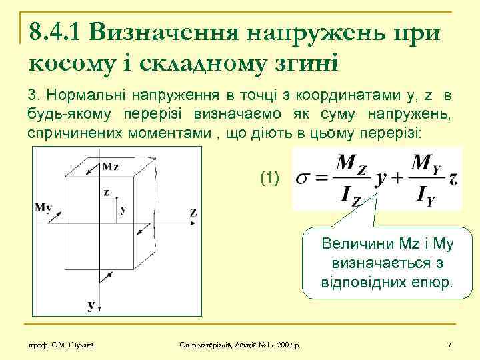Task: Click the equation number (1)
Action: (270, 178)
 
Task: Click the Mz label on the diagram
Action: (111, 166)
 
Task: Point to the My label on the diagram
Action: (44, 207)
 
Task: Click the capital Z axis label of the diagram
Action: (193, 213)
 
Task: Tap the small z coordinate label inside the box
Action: (106, 193)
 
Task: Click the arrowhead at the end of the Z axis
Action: (181, 213)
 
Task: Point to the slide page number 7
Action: (449, 344)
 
